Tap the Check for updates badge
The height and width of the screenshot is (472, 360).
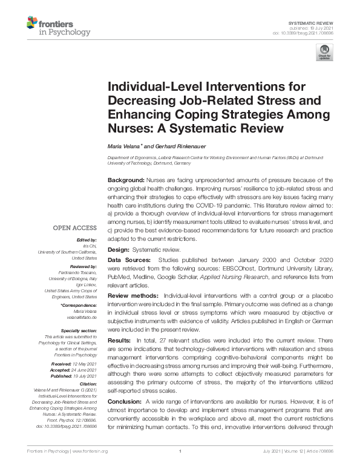point(324,52)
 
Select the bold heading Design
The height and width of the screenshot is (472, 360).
point(120,250)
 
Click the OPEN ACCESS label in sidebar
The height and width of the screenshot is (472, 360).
point(75,228)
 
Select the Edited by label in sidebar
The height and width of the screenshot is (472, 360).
point(85,240)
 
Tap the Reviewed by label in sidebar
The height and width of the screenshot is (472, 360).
point(83,267)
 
